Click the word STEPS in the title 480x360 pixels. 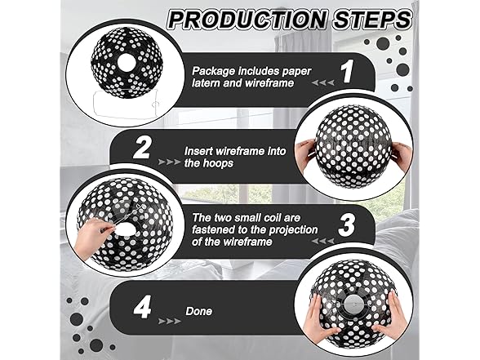tap(372, 20)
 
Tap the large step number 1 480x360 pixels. tap(348, 71)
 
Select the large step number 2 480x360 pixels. tap(142, 148)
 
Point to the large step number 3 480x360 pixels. tap(346, 225)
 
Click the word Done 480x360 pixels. tap(198, 311)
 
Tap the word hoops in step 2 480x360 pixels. tap(218, 163)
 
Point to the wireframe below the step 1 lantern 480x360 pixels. tap(126, 104)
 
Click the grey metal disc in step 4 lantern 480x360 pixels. tap(354, 304)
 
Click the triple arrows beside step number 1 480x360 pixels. tap(322, 83)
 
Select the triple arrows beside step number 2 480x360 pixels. tap(169, 162)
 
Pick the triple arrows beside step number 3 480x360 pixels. tap(322, 242)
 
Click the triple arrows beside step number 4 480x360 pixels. tap(169, 321)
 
